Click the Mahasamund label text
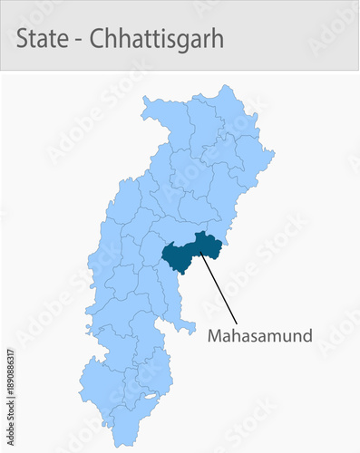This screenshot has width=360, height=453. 259,336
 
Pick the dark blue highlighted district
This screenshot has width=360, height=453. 186,254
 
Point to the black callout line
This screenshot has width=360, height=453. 219,289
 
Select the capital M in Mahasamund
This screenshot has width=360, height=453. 215,336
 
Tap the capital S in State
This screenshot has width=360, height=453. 23,39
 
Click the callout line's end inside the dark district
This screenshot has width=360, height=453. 201,255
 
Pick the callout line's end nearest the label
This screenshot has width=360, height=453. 238,323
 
